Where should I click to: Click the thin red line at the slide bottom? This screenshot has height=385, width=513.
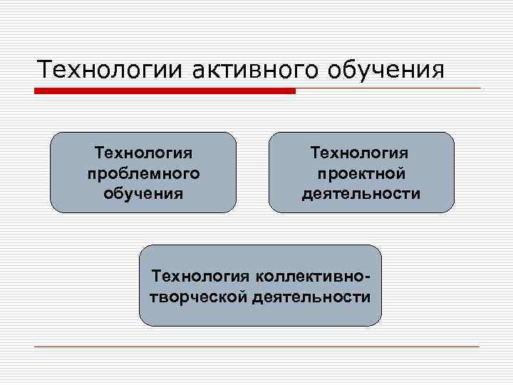click(x=256, y=346)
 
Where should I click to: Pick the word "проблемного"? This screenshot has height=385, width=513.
click(x=143, y=173)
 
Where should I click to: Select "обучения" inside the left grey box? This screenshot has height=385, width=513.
click(x=143, y=192)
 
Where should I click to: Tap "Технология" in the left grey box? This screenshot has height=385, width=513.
click(x=143, y=153)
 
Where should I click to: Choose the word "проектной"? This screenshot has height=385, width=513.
click(x=361, y=173)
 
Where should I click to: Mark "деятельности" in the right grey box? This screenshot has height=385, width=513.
click(x=361, y=193)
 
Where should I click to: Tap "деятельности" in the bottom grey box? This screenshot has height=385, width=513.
click(x=311, y=297)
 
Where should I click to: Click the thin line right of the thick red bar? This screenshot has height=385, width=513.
click(x=388, y=88)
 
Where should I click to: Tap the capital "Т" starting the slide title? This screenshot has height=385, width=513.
click(x=44, y=70)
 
